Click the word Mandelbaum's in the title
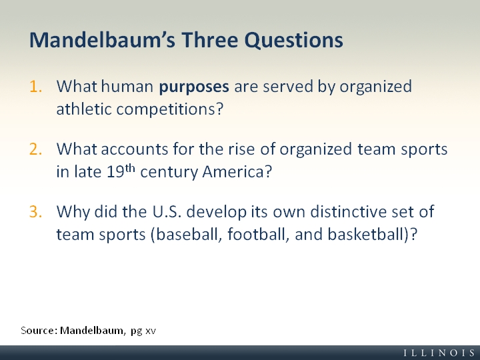click(x=102, y=40)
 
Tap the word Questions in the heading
click(x=293, y=41)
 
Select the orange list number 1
click(x=35, y=86)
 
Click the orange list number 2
click(x=35, y=149)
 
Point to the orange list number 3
click(x=35, y=211)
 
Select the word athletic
click(x=83, y=109)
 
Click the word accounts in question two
click(x=135, y=150)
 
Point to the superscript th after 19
click(x=130, y=169)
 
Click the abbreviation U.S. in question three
click(x=167, y=211)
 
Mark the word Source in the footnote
click(x=38, y=331)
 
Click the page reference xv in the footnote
click(x=151, y=331)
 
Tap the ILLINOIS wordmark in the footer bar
click(x=439, y=353)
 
